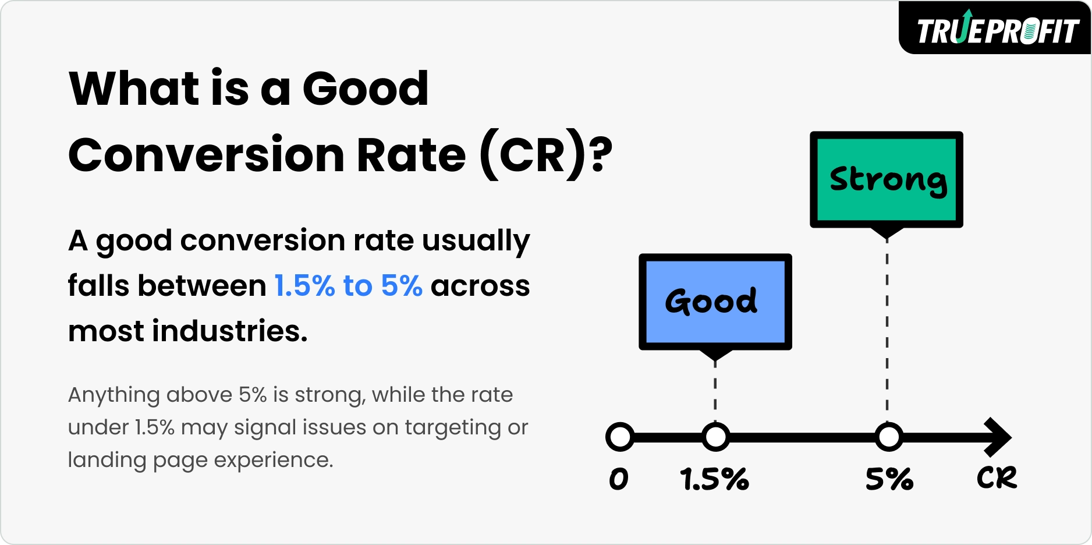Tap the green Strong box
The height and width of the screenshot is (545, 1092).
(886, 179)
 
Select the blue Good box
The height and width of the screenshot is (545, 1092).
(715, 301)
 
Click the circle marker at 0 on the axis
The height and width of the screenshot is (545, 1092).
(619, 437)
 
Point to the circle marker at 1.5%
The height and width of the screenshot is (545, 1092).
(715, 437)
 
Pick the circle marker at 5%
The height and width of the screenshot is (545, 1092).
(888, 437)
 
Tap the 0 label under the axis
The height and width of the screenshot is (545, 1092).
(619, 479)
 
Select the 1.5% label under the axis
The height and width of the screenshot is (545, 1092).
(714, 479)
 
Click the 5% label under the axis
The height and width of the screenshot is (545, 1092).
(889, 479)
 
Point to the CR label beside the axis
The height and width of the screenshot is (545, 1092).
(997, 478)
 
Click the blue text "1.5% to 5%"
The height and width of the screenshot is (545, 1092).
(348, 286)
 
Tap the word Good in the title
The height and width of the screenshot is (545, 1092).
(366, 89)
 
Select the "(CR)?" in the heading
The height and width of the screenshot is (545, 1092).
(546, 155)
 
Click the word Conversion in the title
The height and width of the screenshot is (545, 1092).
(207, 155)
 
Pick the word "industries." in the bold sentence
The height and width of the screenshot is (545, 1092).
(229, 331)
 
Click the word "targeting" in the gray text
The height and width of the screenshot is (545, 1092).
(452, 428)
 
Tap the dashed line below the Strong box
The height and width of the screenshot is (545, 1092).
(887, 332)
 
